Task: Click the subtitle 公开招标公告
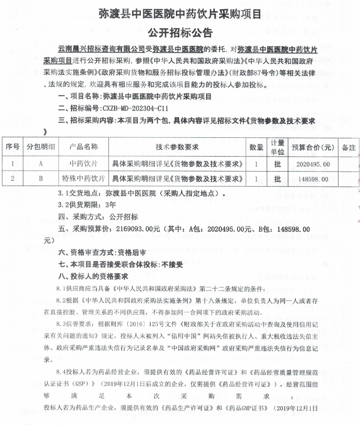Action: pyautogui.click(x=180, y=32)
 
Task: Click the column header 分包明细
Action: pyautogui.click(x=40, y=147)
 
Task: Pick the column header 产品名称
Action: pyautogui.click(x=84, y=147)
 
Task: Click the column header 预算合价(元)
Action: pyautogui.click(x=313, y=147)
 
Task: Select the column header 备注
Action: pyautogui.click(x=348, y=147)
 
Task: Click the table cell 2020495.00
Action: pyautogui.click(x=312, y=164)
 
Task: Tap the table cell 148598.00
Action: pyautogui.click(x=312, y=179)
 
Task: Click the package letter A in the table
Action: pyautogui.click(x=41, y=164)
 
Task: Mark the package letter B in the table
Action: pyautogui.click(x=41, y=179)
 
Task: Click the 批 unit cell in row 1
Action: pyautogui.click(x=277, y=164)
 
